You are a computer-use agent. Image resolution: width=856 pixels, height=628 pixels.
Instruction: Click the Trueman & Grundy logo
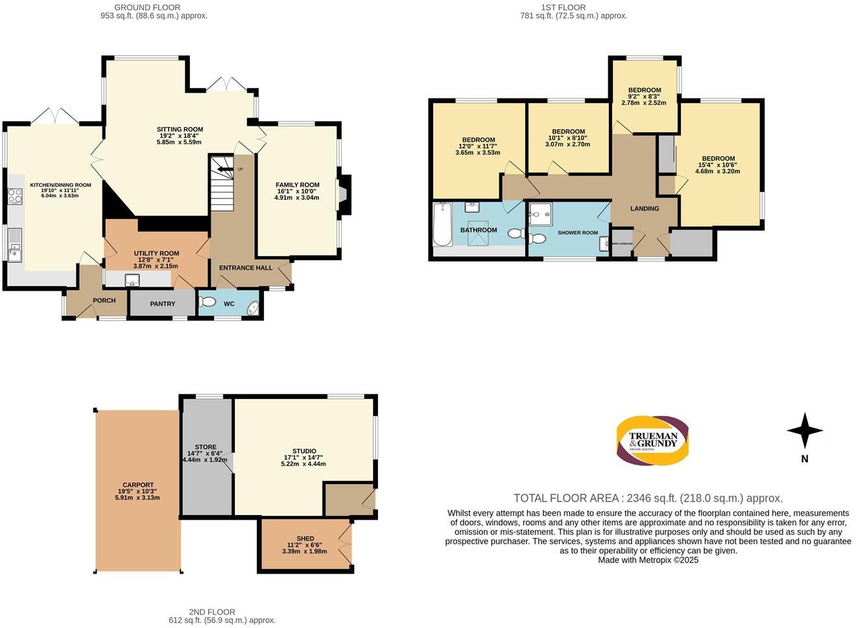[x=652, y=441]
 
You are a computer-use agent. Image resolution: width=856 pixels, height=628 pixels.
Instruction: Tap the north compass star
[x=805, y=431]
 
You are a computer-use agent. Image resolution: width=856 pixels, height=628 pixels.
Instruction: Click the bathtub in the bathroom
[x=443, y=224]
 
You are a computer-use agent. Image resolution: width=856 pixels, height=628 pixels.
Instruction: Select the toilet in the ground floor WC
[x=208, y=302]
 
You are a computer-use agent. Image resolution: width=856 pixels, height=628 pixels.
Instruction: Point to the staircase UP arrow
[x=226, y=169]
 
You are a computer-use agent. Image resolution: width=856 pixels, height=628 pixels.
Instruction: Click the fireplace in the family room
[x=342, y=194]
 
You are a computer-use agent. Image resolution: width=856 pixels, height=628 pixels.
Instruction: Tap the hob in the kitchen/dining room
[x=15, y=196]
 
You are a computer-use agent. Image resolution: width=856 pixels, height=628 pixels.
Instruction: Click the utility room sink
[x=132, y=280]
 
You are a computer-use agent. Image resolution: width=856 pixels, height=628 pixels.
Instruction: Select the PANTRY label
[x=163, y=304]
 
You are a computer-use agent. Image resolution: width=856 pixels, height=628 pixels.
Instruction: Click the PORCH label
[x=104, y=300]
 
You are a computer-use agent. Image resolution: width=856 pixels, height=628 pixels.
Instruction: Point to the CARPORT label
[x=138, y=485]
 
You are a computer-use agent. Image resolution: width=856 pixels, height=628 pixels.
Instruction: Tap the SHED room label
[x=305, y=538]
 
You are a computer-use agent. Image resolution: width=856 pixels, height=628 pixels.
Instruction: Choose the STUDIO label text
[x=303, y=451]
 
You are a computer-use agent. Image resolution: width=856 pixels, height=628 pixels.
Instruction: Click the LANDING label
[x=644, y=208]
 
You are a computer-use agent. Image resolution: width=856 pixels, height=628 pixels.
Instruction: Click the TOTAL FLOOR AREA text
[x=648, y=498]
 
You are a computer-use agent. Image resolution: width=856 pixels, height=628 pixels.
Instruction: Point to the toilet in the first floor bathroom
[x=517, y=233]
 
